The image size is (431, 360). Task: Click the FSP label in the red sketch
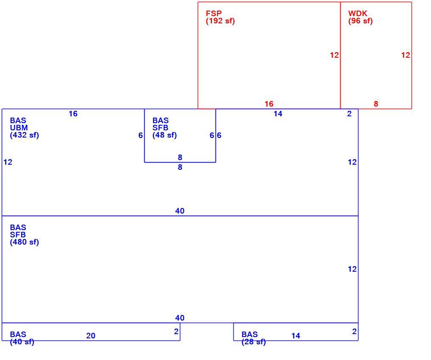click(x=213, y=13)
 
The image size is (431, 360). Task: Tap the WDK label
click(x=358, y=13)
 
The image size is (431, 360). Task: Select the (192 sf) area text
click(x=220, y=21)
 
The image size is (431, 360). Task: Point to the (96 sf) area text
click(x=360, y=21)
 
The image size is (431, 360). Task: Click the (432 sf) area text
click(x=25, y=135)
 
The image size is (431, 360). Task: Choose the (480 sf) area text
click(x=25, y=242)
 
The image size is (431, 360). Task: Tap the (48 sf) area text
click(x=165, y=135)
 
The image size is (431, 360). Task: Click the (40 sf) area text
click(x=22, y=342)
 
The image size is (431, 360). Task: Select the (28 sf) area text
click(x=254, y=342)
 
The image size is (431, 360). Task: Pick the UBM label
click(x=19, y=128)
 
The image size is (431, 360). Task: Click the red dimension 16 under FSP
click(x=269, y=104)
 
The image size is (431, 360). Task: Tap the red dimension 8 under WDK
click(x=376, y=104)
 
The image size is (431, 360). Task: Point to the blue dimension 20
click(x=91, y=335)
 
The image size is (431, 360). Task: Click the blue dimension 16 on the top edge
click(x=73, y=114)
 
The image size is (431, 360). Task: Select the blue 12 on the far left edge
click(x=8, y=162)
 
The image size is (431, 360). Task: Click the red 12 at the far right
click(x=406, y=55)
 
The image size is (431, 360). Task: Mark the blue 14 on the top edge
click(x=278, y=114)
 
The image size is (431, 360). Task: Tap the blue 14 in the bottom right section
click(x=296, y=335)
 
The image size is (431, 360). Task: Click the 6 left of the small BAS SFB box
click(x=140, y=135)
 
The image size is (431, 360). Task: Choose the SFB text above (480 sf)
click(x=17, y=235)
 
